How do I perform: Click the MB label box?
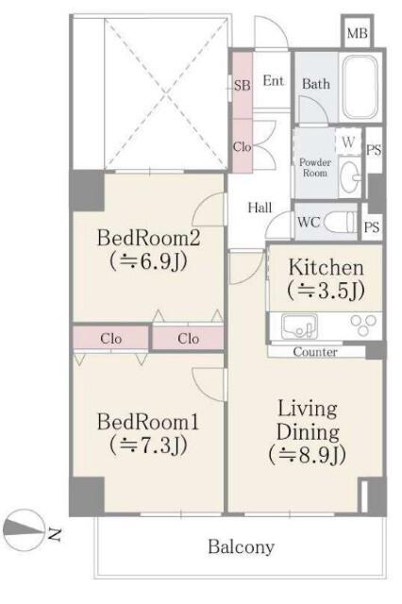point(357,32)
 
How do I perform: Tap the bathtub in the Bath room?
point(360,88)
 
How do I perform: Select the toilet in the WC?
point(342,222)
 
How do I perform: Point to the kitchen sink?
point(299,326)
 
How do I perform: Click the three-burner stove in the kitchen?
point(362,325)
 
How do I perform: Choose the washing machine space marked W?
point(348,142)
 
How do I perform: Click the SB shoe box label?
point(243,85)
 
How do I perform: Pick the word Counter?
point(315,352)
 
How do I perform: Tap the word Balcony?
point(241,546)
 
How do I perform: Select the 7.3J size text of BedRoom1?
point(148,445)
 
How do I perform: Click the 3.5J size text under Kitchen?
point(326,291)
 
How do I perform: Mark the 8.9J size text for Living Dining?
point(308,455)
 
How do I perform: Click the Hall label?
point(260,208)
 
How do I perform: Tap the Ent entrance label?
point(274,81)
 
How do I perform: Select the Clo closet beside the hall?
point(243,146)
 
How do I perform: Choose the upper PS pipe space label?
point(374,149)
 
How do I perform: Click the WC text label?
point(309,223)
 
